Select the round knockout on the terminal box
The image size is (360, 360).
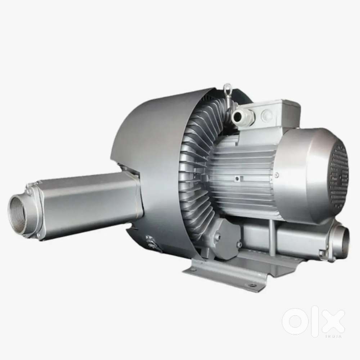coord(266,114)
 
